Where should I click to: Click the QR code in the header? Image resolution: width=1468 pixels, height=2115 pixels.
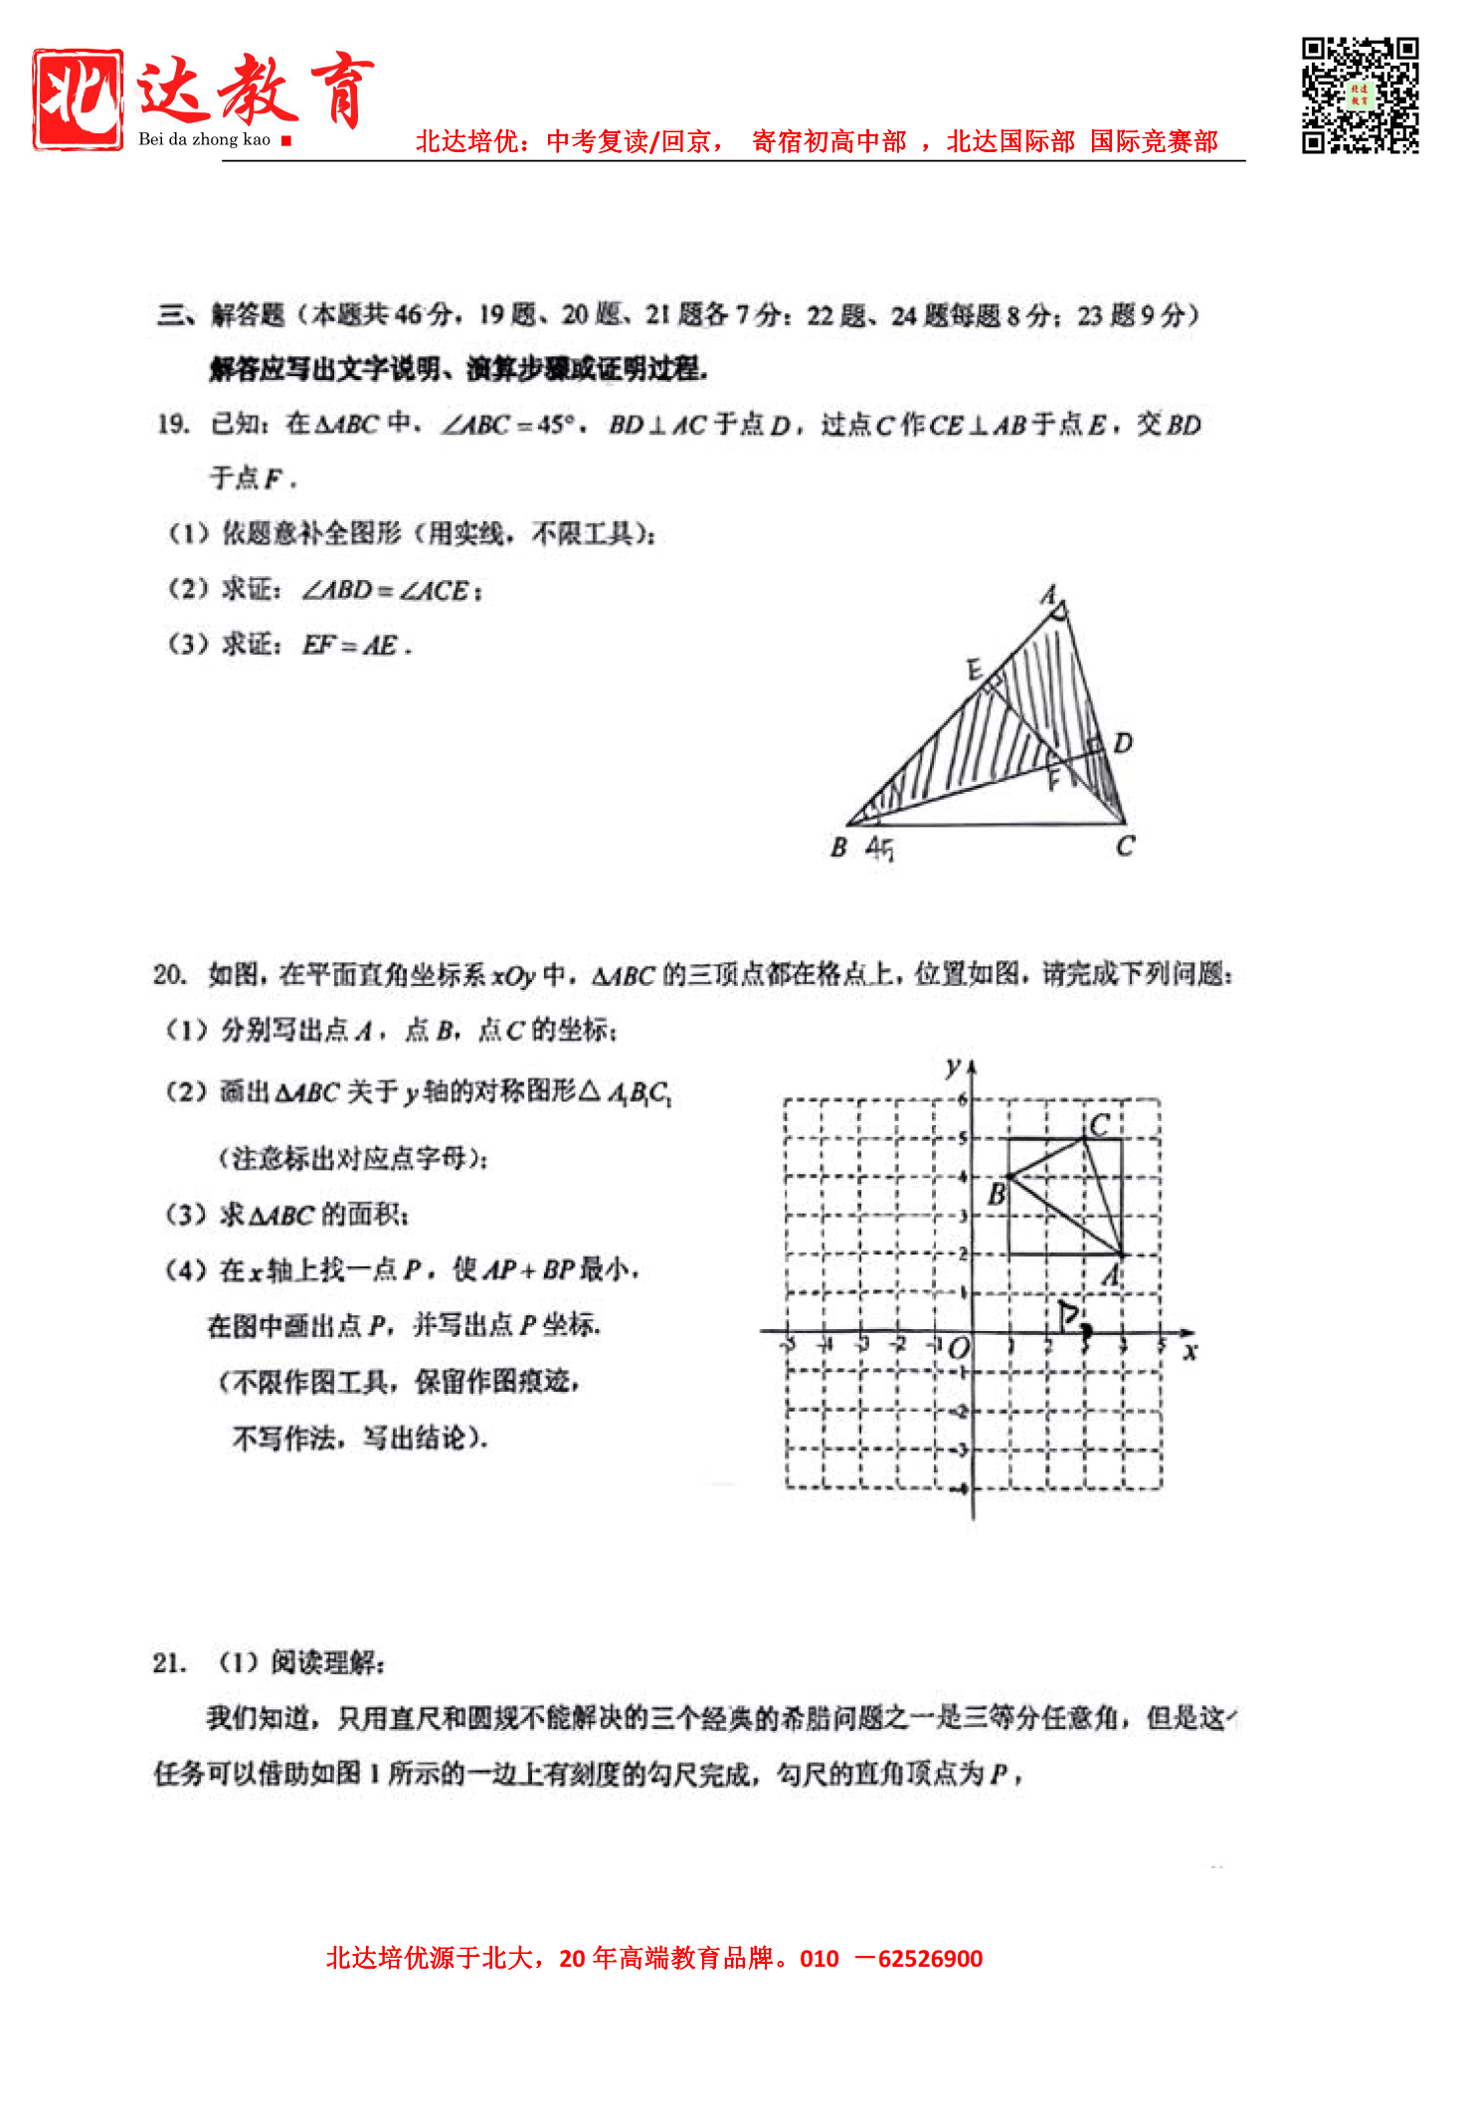(1360, 96)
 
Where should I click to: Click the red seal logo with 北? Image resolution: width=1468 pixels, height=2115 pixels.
(78, 99)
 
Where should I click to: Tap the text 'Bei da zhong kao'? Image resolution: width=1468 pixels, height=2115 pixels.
(204, 139)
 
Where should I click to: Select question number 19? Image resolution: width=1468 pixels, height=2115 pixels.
(173, 425)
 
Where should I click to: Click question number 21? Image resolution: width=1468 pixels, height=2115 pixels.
(169, 1662)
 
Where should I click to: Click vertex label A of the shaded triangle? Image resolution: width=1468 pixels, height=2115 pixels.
(1048, 595)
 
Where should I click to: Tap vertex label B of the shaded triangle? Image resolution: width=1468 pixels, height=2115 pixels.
(838, 848)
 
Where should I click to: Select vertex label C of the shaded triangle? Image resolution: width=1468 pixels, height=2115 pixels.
(1125, 847)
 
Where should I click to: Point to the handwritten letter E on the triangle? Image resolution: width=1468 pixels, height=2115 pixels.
(975, 670)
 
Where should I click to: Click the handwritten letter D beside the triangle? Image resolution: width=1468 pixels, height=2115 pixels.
(1123, 743)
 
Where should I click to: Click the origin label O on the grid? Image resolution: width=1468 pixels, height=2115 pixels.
(958, 1349)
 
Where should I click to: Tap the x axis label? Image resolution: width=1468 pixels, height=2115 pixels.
(1190, 1352)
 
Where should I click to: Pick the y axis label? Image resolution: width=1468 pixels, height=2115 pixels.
(953, 1067)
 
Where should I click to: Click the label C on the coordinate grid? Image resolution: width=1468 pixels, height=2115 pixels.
(1099, 1125)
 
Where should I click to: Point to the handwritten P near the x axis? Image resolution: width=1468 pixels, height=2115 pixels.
(1070, 1315)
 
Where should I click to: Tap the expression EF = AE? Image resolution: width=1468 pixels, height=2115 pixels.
(355, 646)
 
